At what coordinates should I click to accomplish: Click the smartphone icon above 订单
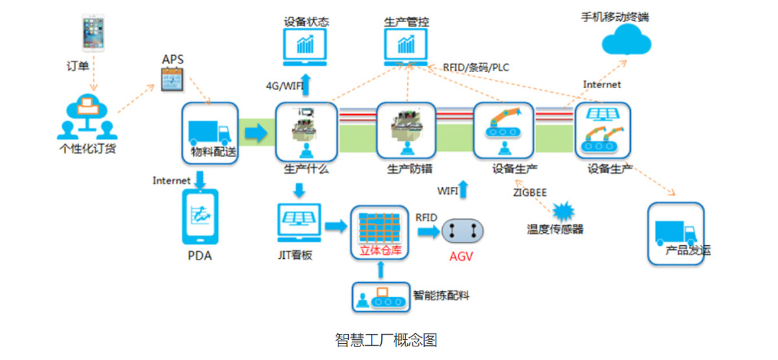(93, 33)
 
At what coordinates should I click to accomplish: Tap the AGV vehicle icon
(462, 230)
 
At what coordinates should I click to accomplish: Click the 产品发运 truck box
(676, 234)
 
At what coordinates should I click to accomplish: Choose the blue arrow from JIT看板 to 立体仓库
(336, 226)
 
